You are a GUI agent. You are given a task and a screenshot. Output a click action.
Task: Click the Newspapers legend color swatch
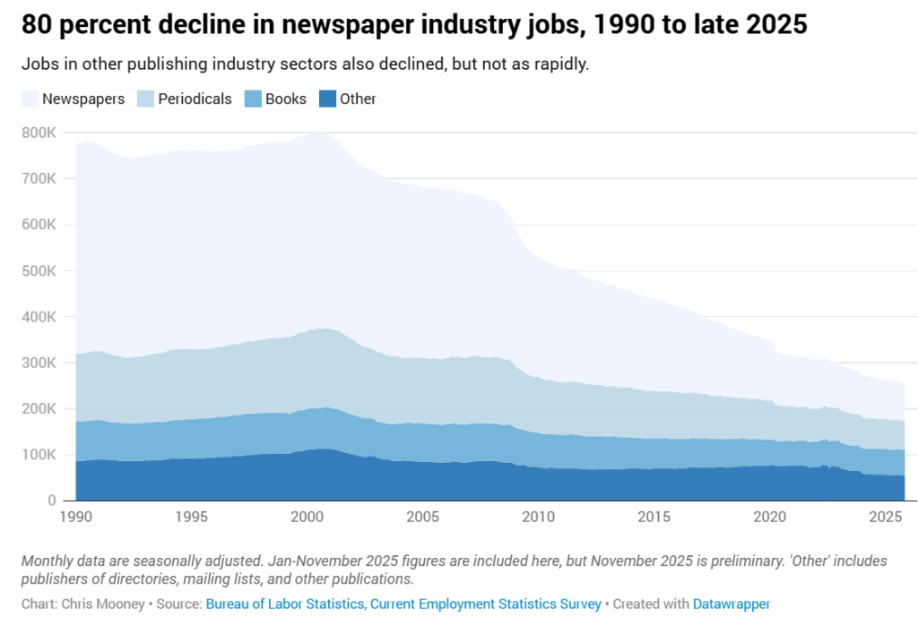pos(30,99)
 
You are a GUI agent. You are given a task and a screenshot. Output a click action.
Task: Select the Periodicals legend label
pos(195,99)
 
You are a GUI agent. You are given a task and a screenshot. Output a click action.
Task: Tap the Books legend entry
pos(285,99)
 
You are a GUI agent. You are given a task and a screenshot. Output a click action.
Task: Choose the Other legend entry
pos(358,99)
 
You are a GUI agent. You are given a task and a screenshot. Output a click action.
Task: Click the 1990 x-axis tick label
pos(75,518)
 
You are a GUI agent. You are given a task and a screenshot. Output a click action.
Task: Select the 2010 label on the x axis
pos(537,518)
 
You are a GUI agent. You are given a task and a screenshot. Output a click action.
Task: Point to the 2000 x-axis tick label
pos(306,518)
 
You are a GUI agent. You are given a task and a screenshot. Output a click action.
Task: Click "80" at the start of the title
pos(37,25)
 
